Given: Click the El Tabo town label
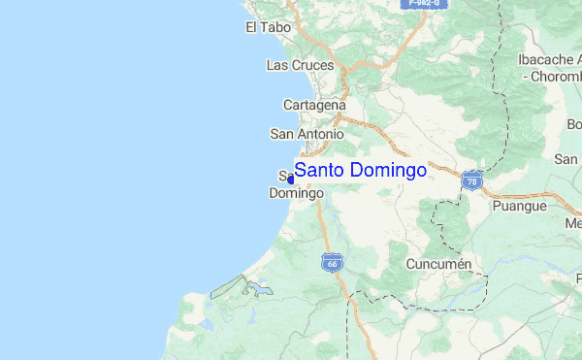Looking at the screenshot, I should pos(264,28).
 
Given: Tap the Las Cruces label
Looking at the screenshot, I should pos(300,65).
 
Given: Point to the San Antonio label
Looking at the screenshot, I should pos(307,134).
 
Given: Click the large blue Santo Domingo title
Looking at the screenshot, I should pos(360,171).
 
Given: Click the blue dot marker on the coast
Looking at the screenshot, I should pos(290,179).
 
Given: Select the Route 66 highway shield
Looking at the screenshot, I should pos(331,262).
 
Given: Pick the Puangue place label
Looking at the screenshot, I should pos(519,207).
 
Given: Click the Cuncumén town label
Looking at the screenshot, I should pos(438,264).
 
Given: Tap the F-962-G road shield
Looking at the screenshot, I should pos(423,4).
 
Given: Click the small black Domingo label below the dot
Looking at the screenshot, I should pos(295,193).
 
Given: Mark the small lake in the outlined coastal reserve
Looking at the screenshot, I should pos(258,288).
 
